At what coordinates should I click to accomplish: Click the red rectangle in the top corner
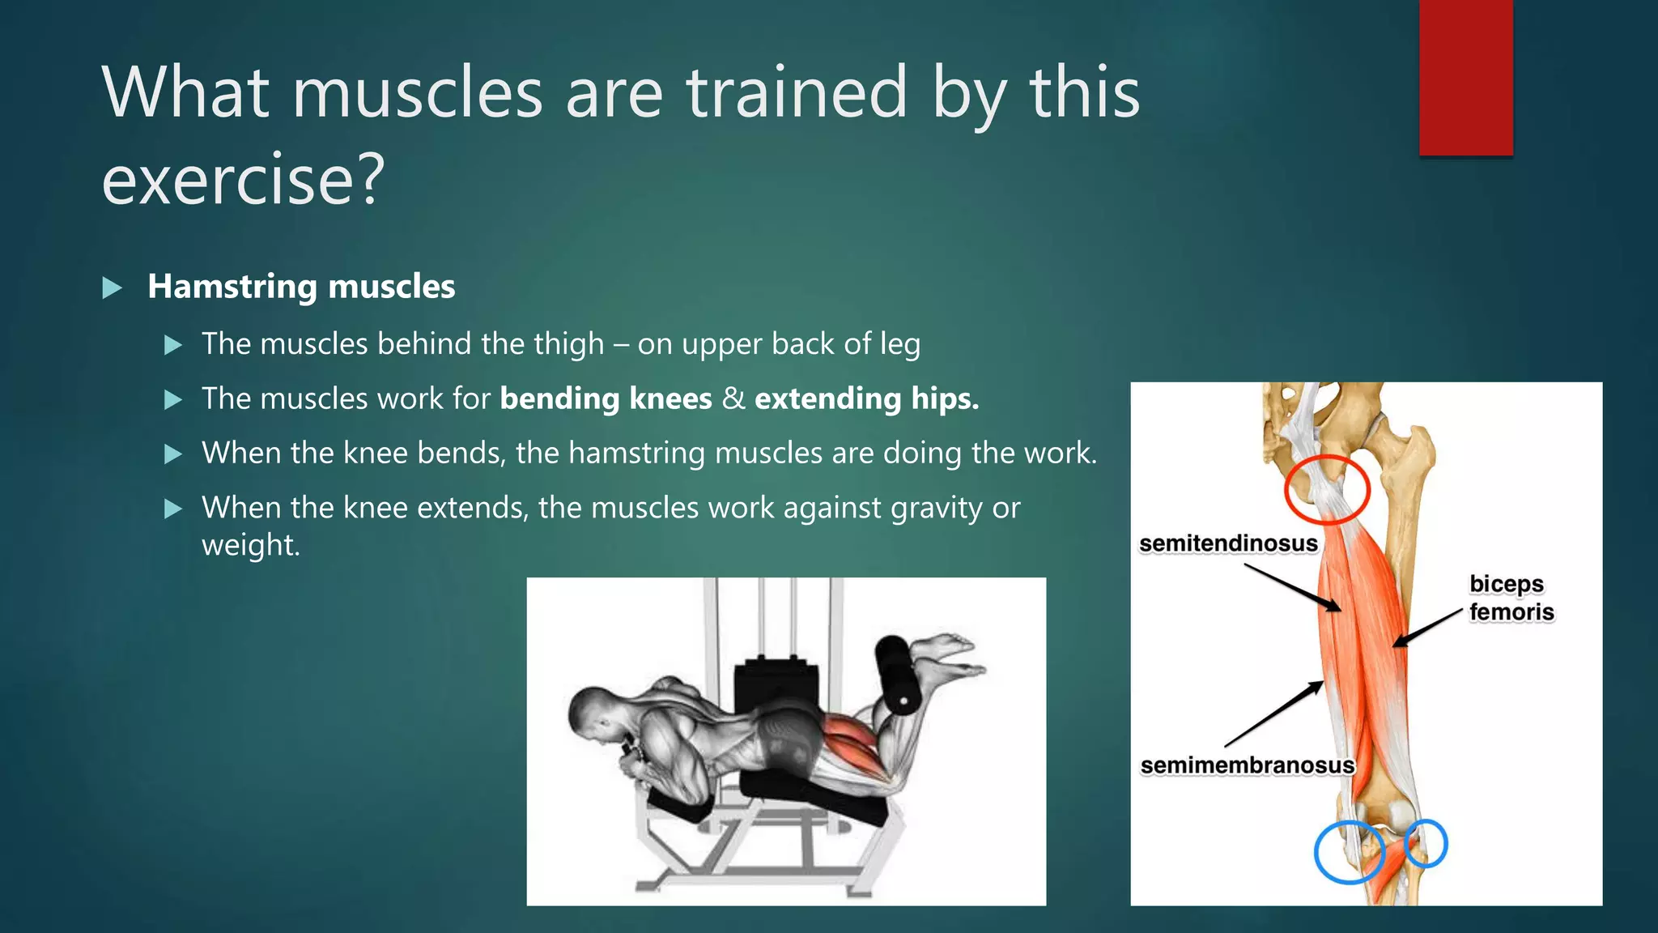(1465, 78)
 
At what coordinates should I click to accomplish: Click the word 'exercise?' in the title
(243, 180)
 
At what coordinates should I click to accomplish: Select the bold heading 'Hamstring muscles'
(301, 287)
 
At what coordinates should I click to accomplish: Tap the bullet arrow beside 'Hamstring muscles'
(113, 288)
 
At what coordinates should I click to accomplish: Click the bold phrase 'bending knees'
(606, 398)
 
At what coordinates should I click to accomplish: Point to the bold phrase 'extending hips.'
(866, 398)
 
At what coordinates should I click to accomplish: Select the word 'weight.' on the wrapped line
(250, 545)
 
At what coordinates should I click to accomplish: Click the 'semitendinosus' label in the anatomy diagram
(1227, 543)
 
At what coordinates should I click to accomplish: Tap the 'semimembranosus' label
(1247, 765)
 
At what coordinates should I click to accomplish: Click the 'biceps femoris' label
(1511, 598)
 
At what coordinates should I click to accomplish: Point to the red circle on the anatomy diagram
(1327, 489)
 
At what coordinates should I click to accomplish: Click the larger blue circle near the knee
(1349, 851)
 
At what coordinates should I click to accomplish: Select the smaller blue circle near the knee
(1426, 843)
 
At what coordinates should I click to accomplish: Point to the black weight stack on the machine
(773, 685)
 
